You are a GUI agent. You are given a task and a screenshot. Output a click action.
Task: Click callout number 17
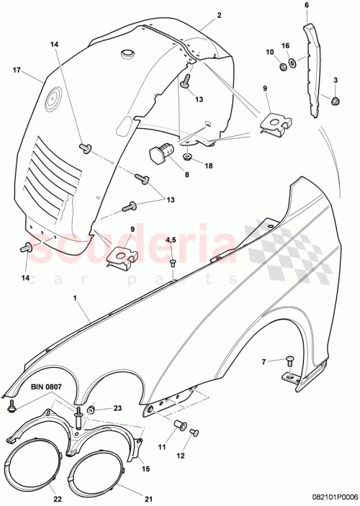pos(17,71)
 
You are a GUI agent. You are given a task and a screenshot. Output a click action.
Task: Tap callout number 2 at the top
pos(219,15)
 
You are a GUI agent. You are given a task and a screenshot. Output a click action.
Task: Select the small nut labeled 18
pos(187,157)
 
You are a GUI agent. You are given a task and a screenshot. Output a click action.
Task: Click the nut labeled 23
pos(91,410)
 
